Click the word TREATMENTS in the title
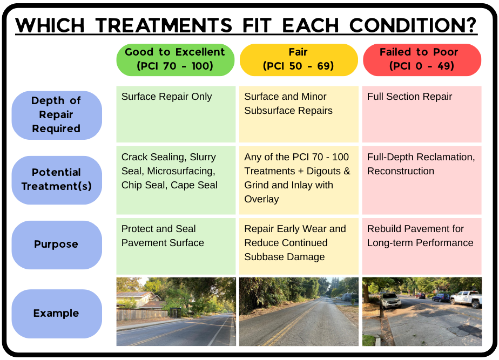(x=164, y=25)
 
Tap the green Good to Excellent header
(x=176, y=60)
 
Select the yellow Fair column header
(x=299, y=60)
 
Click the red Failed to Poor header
(x=422, y=60)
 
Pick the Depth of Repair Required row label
(x=57, y=115)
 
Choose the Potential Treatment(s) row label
(x=57, y=180)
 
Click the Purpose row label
(x=57, y=245)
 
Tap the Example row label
(x=57, y=314)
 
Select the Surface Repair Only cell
(x=176, y=114)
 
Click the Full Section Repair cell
(x=422, y=114)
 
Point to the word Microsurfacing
(x=181, y=171)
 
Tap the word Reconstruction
(x=400, y=171)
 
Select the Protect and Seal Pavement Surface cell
(x=176, y=246)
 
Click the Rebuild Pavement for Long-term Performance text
(x=420, y=236)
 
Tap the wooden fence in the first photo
(x=142, y=315)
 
